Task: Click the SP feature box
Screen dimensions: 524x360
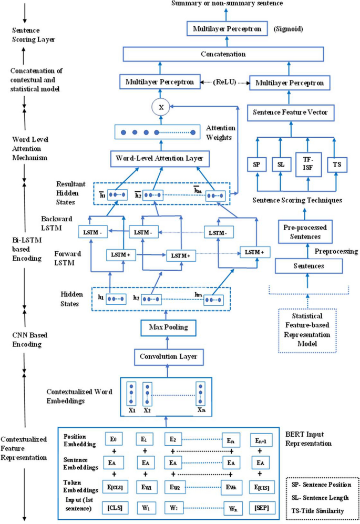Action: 257,165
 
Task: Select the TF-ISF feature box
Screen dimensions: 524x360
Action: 306,165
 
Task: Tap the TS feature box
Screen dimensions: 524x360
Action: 335,165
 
